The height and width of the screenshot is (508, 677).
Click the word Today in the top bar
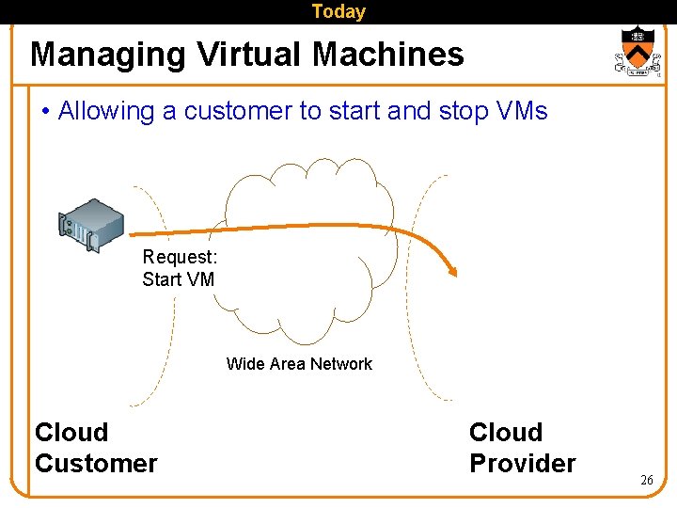click(x=338, y=11)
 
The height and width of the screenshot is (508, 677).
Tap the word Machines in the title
click(x=388, y=55)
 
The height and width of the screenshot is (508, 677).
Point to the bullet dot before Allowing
click(x=45, y=112)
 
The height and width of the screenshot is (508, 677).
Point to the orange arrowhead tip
click(x=455, y=274)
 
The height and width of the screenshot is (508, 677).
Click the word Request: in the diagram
click(x=180, y=257)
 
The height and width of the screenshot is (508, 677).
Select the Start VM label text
click(x=178, y=279)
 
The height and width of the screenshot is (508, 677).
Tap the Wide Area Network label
click(x=299, y=364)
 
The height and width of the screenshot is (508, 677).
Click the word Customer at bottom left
click(x=96, y=463)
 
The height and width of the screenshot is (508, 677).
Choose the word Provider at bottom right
click(x=522, y=463)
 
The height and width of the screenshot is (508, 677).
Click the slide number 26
click(x=646, y=480)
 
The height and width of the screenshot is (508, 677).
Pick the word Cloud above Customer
click(x=71, y=432)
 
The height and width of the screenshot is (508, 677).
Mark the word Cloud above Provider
click(x=506, y=432)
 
